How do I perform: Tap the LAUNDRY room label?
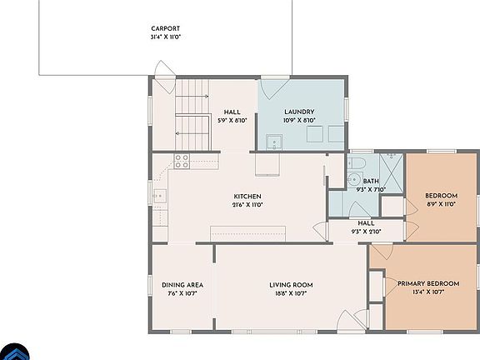[298, 112]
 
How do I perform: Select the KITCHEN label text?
[247, 197]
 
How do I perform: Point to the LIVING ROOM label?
[291, 284]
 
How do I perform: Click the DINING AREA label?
[182, 284]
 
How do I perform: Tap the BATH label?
[370, 181]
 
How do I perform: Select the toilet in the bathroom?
[356, 162]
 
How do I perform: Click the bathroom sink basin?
[352, 179]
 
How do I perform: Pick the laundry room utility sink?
[273, 142]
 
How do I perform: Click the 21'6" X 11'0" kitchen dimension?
[247, 205]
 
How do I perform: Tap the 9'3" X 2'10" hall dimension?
[366, 232]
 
